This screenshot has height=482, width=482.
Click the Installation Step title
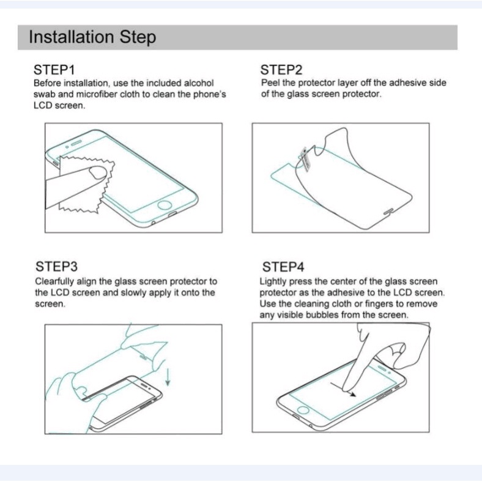click(92, 37)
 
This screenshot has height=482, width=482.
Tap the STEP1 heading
click(54, 70)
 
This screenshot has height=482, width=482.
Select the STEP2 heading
click(281, 70)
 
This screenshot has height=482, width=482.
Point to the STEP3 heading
click(56, 266)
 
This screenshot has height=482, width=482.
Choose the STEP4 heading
click(283, 267)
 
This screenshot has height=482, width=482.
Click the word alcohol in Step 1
click(199, 83)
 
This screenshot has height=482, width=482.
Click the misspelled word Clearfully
click(54, 281)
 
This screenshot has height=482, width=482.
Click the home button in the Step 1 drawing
click(165, 205)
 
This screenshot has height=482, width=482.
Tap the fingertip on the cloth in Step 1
click(98, 172)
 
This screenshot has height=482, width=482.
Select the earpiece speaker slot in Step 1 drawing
click(76, 143)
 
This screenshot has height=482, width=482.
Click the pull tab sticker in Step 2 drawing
click(305, 159)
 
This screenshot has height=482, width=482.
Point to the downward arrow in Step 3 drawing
click(168, 377)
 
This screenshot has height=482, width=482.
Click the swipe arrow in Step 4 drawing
click(343, 390)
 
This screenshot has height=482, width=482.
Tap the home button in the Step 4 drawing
click(303, 410)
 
